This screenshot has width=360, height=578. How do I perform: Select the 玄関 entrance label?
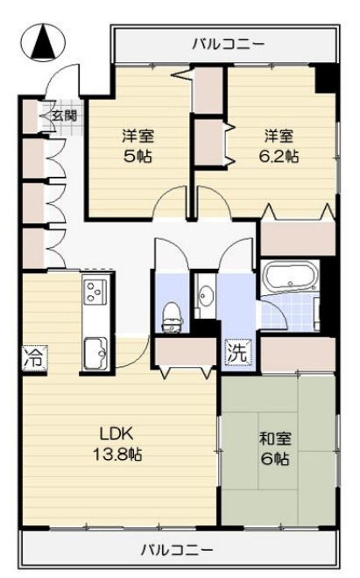click(63, 114)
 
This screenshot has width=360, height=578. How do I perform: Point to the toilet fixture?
click(172, 314)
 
